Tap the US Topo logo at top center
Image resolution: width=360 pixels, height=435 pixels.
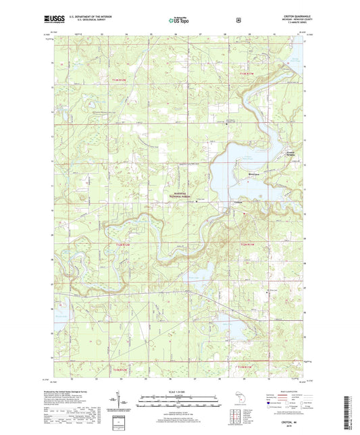(x=179, y=21)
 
